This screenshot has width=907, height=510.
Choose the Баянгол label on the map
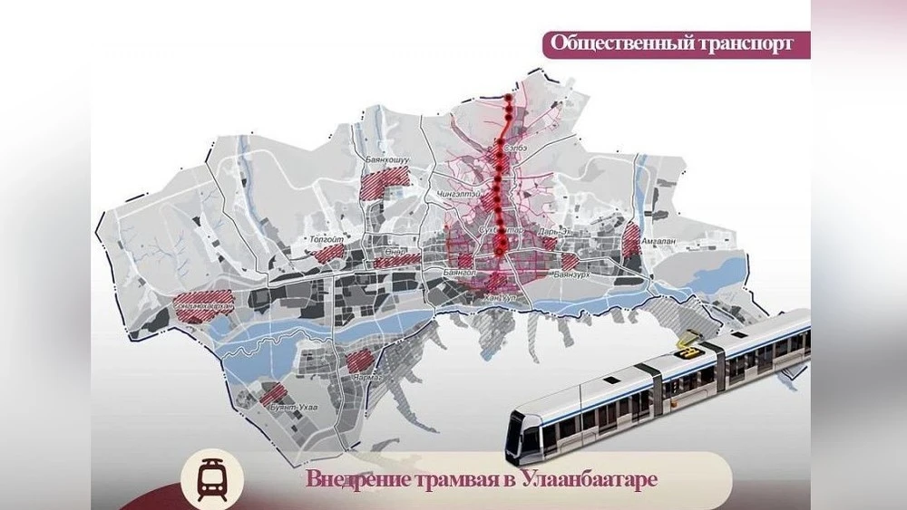pyautogui.click(x=460, y=271)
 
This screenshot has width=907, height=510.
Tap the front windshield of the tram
pyautogui.click(x=523, y=433)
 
